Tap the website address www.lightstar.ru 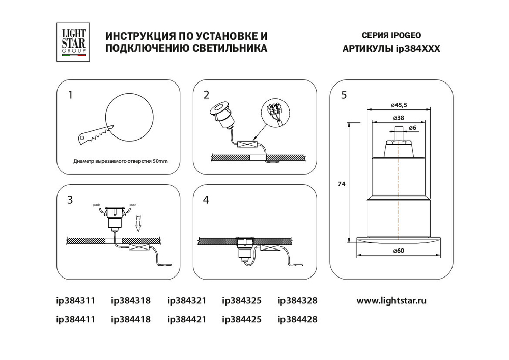391,300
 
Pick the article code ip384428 297,320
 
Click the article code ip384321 187,300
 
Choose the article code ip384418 131,320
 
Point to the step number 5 344,95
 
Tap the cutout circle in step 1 129,118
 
